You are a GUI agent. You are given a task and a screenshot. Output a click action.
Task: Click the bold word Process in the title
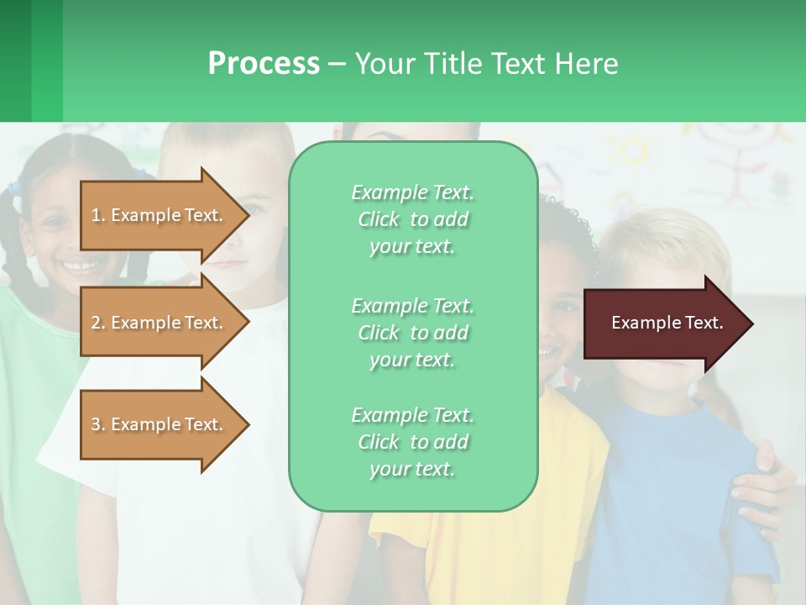point(264,64)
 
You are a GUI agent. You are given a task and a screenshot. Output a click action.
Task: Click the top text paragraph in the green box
point(412,219)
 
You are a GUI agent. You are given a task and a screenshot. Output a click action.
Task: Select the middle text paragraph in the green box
point(412,333)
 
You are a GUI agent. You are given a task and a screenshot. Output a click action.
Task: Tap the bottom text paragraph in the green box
point(412,442)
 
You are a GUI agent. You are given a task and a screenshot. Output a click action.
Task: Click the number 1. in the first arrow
point(98,215)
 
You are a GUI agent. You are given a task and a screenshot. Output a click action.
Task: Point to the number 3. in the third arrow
point(98,424)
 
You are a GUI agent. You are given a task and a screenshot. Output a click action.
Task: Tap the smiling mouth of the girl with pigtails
point(76,266)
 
